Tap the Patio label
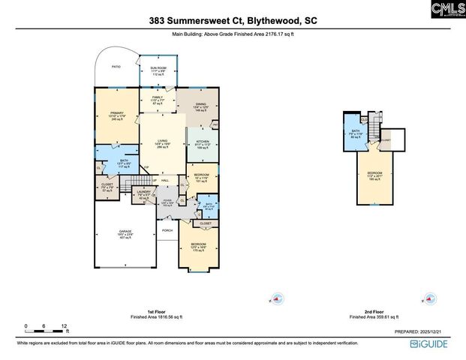(116, 67)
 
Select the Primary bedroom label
(116, 115)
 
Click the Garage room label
(125, 233)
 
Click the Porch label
(167, 230)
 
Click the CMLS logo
(447, 10)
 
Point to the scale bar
(47, 328)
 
